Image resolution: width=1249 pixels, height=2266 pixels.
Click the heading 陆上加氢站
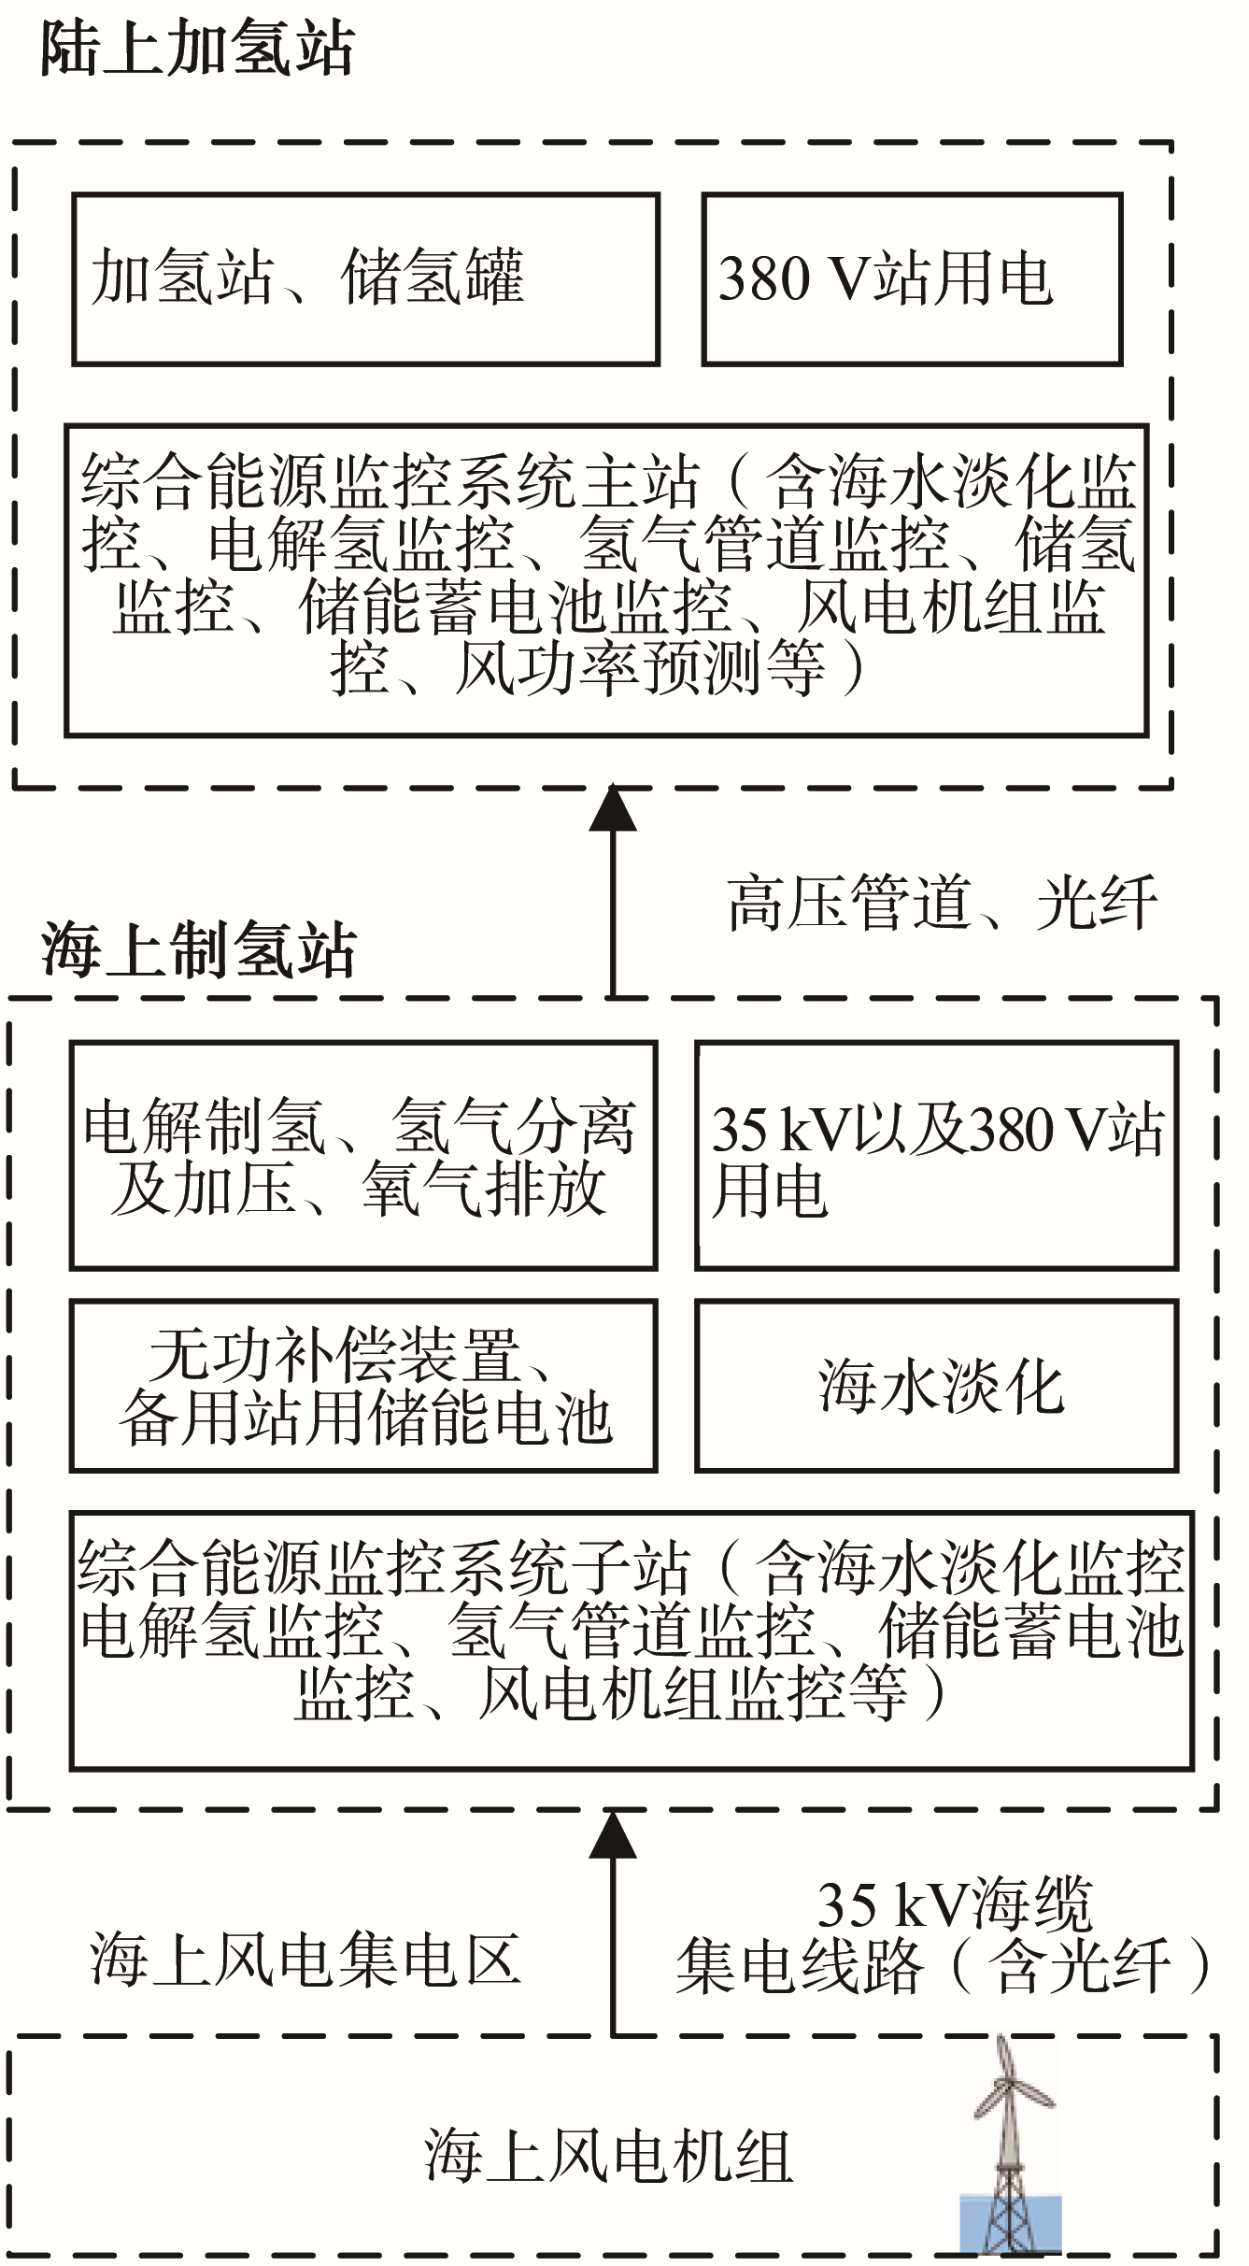coord(197,49)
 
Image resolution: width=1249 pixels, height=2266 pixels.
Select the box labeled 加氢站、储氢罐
coord(366,278)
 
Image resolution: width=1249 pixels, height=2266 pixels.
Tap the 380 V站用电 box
coord(912,278)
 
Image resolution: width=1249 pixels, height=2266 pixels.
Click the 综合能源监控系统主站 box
coord(606,580)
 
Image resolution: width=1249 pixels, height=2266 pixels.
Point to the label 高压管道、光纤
coord(943,904)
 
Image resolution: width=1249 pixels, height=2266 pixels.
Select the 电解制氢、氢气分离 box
coord(363,1155)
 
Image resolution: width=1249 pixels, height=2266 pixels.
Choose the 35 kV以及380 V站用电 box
coord(937,1155)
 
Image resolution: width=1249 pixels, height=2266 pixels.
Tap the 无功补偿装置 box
coord(363,1386)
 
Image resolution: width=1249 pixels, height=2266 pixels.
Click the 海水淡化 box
coord(937,1386)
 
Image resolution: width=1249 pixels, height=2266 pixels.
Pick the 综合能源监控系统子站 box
coord(632,1641)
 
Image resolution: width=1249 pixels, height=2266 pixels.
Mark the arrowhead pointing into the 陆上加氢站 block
coord(613,808)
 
